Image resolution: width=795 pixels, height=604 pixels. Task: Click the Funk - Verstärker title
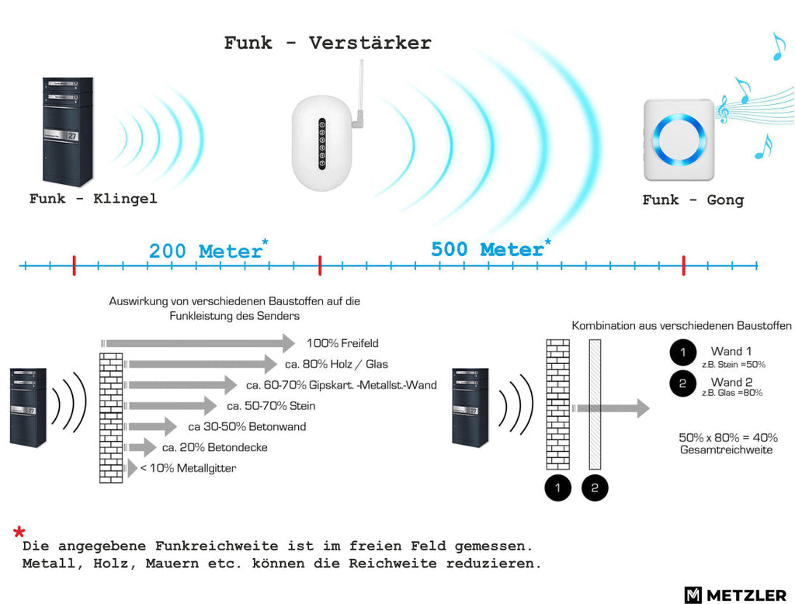(x=328, y=43)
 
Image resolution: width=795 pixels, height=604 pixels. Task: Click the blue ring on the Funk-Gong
(x=679, y=138)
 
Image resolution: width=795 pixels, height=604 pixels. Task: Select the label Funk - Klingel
(x=93, y=198)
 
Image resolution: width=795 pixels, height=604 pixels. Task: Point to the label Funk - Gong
(x=693, y=200)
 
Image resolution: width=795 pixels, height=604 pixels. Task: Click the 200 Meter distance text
(x=205, y=251)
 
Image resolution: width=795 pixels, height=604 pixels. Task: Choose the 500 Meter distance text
(x=488, y=249)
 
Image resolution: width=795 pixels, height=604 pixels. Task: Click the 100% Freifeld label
(x=342, y=343)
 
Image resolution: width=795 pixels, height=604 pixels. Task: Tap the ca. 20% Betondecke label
(x=214, y=447)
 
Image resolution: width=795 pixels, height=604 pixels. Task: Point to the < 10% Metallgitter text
(x=188, y=468)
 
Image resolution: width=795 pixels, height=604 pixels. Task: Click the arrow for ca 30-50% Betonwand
(x=152, y=426)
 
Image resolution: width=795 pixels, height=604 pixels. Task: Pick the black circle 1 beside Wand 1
(x=682, y=352)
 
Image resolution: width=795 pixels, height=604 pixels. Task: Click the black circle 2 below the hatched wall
(x=595, y=488)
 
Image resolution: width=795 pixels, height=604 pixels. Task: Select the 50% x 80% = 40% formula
(x=728, y=438)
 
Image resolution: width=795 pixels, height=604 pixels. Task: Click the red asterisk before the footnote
(x=19, y=532)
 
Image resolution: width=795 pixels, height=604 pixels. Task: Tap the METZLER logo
(x=735, y=595)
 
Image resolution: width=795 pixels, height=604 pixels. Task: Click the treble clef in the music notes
(x=723, y=109)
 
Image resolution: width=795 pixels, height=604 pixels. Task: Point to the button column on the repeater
(x=322, y=144)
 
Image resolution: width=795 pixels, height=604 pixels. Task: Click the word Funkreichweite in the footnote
(x=217, y=547)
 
